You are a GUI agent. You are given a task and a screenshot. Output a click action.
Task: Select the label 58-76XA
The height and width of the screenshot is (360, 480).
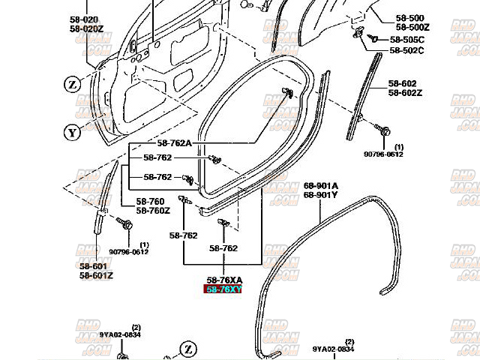tap(223, 280)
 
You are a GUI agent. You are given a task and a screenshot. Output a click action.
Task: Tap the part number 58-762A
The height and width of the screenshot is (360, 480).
tap(174, 143)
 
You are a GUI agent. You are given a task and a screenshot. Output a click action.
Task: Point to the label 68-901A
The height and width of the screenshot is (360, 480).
tap(320, 185)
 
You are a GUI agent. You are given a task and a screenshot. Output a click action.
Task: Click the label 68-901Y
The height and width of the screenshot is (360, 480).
tap(320, 195)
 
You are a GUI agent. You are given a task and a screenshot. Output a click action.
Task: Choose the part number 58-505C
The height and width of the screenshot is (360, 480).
tap(406, 39)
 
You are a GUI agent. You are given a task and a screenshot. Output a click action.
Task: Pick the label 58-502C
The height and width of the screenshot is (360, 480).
tap(406, 50)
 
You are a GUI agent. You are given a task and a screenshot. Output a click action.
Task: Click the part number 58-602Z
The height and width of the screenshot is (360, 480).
tap(406, 92)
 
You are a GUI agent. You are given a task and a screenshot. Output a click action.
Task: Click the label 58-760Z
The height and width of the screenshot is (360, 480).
tap(153, 211)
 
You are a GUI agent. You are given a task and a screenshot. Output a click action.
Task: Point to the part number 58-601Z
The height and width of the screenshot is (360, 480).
tap(96, 275)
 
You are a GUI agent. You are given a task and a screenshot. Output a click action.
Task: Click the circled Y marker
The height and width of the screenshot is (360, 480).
tap(72, 133)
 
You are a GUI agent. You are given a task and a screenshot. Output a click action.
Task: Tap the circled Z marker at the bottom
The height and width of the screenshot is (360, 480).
tap(187, 349)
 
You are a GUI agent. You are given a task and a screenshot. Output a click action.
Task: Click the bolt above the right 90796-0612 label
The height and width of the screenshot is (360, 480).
tap(385, 132)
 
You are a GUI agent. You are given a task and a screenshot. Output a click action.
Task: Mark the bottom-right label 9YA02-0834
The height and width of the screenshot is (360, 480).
tap(334, 349)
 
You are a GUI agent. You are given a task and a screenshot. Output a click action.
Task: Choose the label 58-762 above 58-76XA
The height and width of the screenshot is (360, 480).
tap(223, 248)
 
